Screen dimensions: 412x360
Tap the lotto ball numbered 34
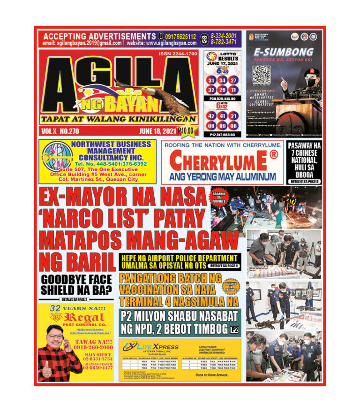[x=222, y=80]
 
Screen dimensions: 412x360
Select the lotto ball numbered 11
[x=233, y=90]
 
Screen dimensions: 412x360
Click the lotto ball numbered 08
[x=233, y=125]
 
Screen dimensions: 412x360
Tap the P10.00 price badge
[x=187, y=130]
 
